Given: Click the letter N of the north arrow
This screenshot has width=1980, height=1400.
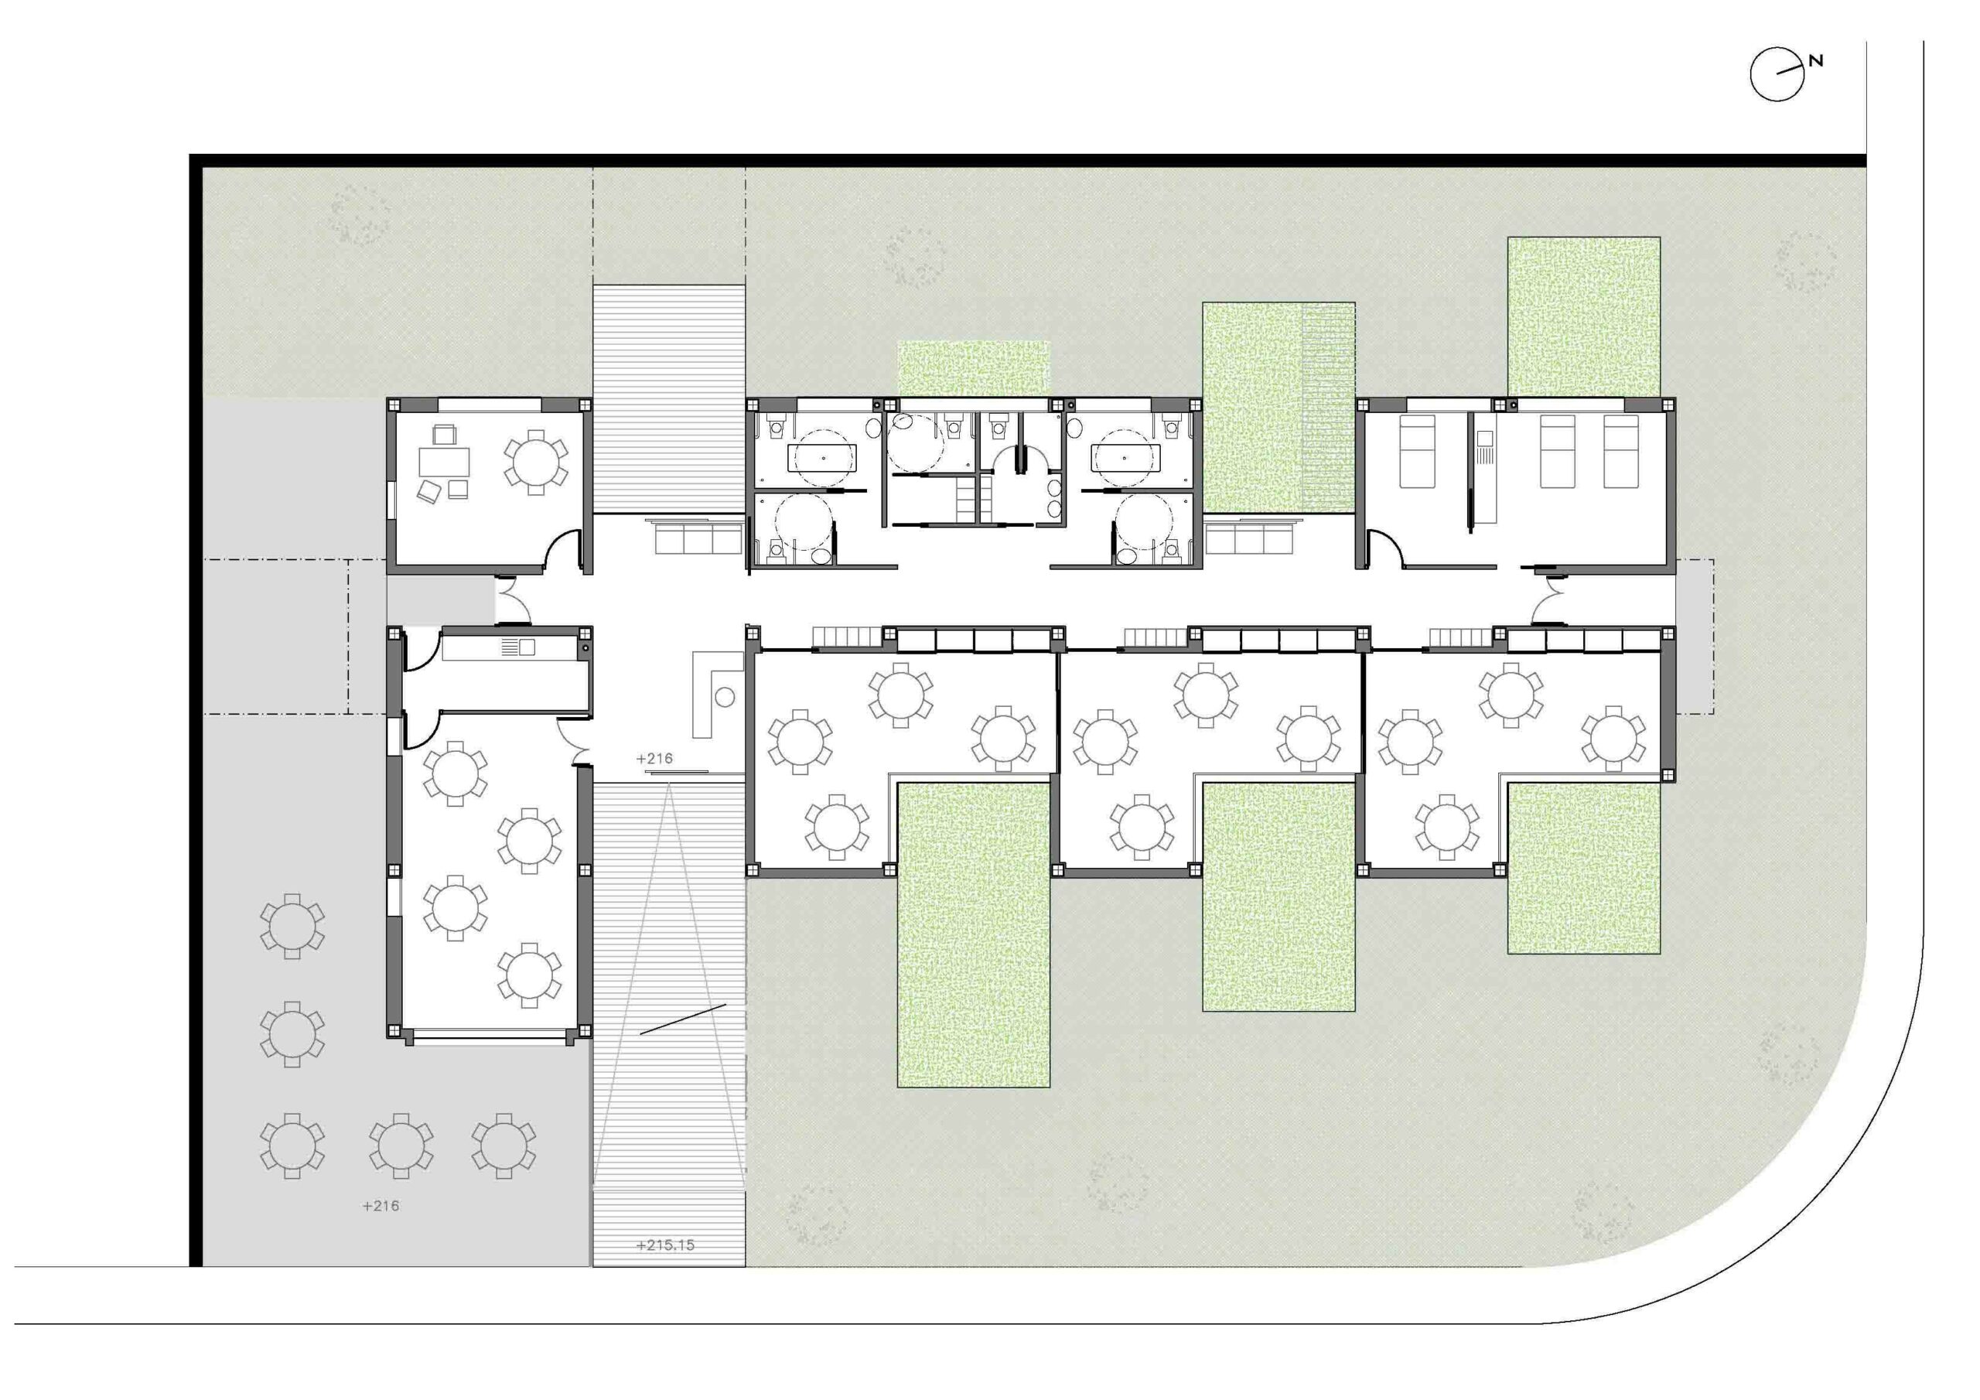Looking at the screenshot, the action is [1817, 60].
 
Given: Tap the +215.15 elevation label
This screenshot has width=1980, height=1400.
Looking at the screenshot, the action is [665, 1245].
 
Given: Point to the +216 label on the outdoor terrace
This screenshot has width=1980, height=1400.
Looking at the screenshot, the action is [381, 1206].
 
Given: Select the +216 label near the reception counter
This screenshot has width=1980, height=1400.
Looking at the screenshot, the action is [654, 758].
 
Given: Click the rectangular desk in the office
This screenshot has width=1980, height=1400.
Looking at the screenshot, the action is [445, 463].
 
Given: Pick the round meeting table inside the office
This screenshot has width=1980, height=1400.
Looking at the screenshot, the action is [535, 462].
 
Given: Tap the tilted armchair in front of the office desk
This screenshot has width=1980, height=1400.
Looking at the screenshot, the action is [428, 492].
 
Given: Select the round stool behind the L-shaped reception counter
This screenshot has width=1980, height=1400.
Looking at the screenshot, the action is [725, 697].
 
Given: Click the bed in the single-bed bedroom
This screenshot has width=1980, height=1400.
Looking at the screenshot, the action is [1416, 451].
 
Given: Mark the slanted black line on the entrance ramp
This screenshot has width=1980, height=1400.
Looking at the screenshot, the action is [682, 1019].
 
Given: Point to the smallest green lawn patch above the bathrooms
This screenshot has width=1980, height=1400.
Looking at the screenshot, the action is [974, 369].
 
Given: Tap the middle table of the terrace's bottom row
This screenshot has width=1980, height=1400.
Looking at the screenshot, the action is [401, 1146].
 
